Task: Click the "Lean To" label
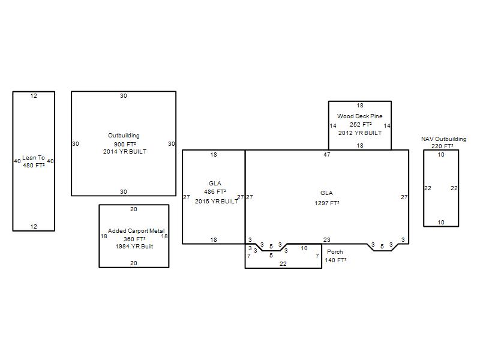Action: pos(34,158)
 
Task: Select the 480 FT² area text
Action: pos(34,166)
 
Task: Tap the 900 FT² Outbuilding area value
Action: pos(125,144)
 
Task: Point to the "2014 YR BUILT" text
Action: pos(125,152)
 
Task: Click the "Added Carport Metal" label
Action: pos(136,231)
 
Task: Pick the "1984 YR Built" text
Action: pos(134,247)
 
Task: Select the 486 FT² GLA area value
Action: pos(215,192)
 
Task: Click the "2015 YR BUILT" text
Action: pos(217,202)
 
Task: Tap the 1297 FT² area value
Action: pos(327,203)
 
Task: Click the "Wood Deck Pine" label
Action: pos(359,116)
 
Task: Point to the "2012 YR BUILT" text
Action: pos(360,133)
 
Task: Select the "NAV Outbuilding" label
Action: pos(444,139)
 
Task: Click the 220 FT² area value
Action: pos(442,146)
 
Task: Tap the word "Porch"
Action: pos(335,252)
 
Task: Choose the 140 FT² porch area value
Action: pos(336,260)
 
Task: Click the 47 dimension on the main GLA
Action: pos(327,155)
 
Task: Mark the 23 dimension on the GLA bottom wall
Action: pos(327,239)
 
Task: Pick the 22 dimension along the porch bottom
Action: pos(283,263)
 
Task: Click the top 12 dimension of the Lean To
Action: pos(34,96)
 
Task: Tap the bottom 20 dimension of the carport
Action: pos(134,263)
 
